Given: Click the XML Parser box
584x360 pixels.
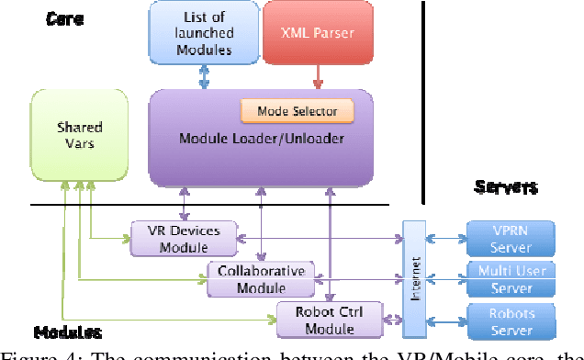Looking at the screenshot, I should (x=319, y=32).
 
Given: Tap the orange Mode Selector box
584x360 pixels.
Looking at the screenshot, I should (x=298, y=111).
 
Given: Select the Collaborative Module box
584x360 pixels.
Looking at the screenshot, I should (x=260, y=278).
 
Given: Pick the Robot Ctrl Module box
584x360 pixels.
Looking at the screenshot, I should (x=331, y=320).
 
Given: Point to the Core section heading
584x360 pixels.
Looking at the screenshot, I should (x=65, y=17).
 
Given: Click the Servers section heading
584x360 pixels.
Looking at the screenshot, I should (x=505, y=187).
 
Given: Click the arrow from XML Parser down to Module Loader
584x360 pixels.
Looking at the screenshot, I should (x=319, y=74).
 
